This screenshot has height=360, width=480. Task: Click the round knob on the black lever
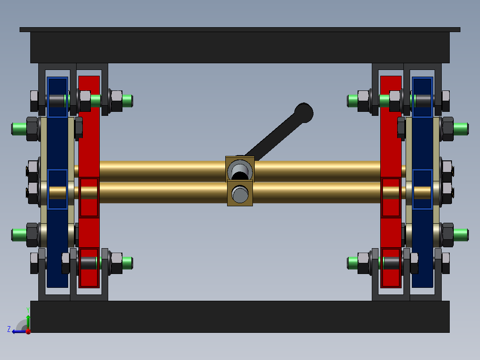tap(304, 113)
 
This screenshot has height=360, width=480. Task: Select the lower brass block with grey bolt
tap(240, 193)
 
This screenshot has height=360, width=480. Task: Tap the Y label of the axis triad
tap(28, 310)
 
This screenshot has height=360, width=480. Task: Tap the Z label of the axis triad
tap(9, 329)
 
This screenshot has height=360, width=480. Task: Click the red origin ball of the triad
tap(28, 331)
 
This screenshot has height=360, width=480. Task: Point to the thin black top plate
tap(240, 30)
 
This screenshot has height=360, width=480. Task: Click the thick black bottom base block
tap(240, 316)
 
